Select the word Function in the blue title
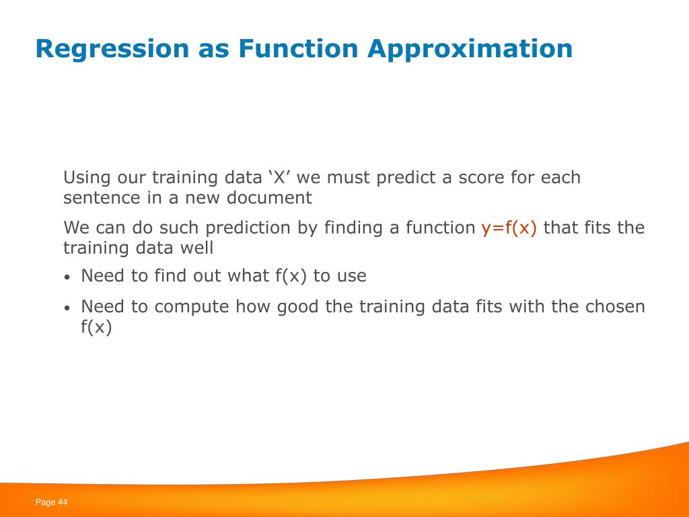[x=298, y=48]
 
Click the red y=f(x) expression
[x=509, y=228]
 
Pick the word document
[x=269, y=198]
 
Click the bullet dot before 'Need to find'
[x=67, y=277]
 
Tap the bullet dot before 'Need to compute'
[x=67, y=308]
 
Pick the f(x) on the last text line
[x=96, y=326]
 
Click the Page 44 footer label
[x=51, y=502]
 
